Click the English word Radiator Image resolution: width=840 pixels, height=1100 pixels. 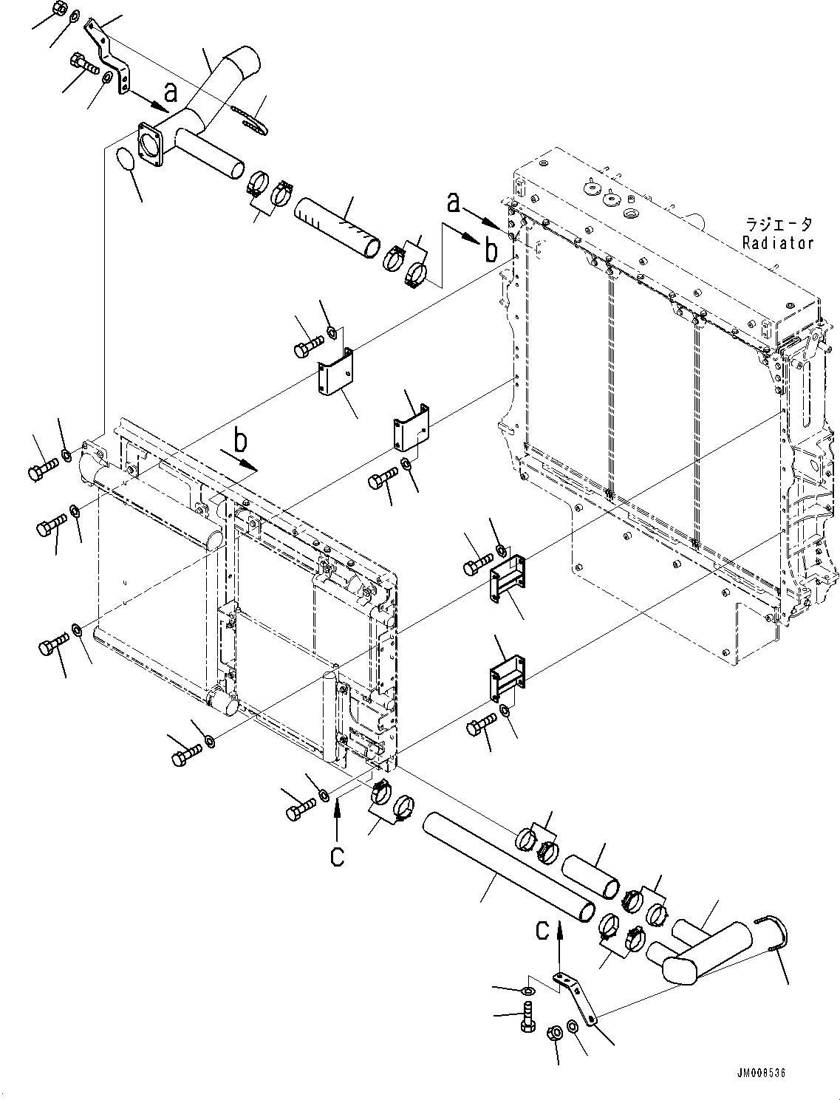pos(778,243)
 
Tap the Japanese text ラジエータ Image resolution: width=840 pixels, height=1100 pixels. pos(778,225)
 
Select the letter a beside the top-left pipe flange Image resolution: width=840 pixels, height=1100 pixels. pos(171,92)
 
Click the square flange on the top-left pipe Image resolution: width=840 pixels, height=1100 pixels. pos(152,146)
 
